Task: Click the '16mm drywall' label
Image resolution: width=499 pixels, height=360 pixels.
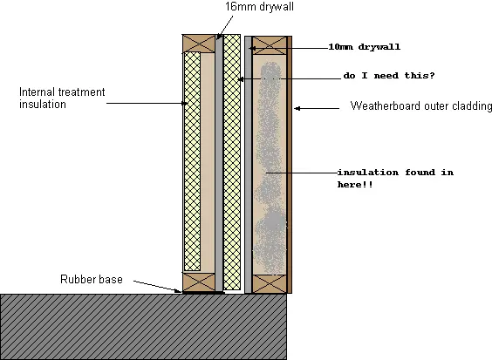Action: tap(259, 7)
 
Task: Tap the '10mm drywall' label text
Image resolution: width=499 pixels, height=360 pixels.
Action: tap(365, 47)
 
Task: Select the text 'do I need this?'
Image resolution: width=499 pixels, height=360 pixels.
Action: tap(389, 76)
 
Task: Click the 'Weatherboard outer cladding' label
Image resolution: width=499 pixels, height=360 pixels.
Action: tap(421, 105)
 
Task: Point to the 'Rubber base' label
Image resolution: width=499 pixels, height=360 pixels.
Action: tap(92, 279)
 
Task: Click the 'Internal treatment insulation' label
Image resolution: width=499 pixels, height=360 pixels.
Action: tap(62, 98)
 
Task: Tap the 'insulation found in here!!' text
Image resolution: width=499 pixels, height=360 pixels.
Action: tap(395, 179)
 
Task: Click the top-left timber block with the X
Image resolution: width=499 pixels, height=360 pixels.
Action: tap(199, 44)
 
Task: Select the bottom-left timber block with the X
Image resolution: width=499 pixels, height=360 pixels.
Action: tap(199, 282)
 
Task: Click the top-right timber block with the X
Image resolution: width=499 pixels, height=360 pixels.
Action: tap(270, 45)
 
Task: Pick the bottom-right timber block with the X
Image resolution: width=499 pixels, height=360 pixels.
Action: tap(270, 284)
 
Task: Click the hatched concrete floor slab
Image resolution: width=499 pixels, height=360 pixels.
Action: tap(143, 327)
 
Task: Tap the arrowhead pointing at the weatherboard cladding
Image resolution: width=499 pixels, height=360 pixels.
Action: tap(297, 108)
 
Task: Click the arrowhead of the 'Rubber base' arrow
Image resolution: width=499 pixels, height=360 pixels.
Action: tap(179, 290)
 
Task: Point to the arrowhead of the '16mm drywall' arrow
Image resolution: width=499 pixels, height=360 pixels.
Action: tap(219, 37)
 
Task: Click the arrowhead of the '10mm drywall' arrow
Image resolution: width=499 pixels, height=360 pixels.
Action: tap(252, 48)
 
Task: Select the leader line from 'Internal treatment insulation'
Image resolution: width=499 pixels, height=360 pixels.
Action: tap(147, 103)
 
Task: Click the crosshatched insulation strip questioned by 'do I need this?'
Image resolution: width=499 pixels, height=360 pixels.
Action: tap(232, 162)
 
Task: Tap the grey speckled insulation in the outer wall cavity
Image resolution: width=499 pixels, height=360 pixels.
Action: tap(270, 168)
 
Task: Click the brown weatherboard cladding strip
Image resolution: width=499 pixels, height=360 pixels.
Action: tap(290, 165)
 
